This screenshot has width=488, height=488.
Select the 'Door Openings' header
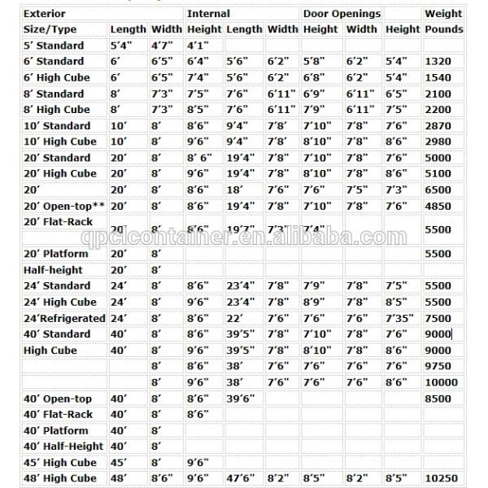(342, 13)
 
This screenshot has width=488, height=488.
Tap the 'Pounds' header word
(444, 29)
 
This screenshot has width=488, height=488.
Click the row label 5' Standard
(53, 46)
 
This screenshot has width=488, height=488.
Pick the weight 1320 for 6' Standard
(438, 61)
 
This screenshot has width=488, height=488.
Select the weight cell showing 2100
(438, 94)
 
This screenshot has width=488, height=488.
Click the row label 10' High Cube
(59, 142)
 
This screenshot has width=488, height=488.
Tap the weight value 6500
(438, 190)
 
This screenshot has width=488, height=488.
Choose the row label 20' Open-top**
(62, 206)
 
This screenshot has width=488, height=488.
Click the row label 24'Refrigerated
(64, 318)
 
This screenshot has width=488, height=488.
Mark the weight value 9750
(438, 366)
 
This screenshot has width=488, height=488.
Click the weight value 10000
(440, 382)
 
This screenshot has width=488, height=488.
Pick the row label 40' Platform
(55, 430)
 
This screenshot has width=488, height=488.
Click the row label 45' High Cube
(59, 463)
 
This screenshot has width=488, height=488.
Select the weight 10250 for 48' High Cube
(440, 478)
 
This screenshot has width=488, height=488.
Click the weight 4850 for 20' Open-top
(438, 206)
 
